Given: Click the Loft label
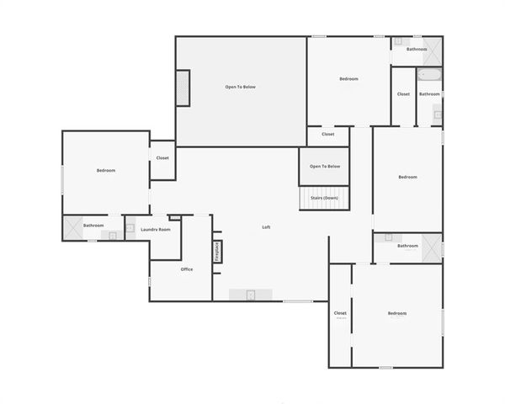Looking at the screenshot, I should [266, 227].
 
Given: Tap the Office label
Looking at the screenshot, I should [187, 269].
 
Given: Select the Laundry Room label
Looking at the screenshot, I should [156, 229].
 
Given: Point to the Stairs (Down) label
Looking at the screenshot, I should [325, 197].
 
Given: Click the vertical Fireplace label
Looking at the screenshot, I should [216, 252].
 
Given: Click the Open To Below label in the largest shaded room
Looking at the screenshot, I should [240, 87].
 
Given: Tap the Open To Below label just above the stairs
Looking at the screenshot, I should [325, 166].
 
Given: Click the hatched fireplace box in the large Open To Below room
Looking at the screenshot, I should [183, 88].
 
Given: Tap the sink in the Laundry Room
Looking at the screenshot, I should [130, 227].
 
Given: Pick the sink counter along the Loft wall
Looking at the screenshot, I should [251, 294].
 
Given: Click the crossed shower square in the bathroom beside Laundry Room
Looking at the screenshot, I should [72, 226].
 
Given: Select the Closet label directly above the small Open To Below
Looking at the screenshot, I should [328, 134].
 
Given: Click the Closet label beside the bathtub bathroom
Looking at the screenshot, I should [403, 94].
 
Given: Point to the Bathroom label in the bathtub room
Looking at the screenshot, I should [429, 94].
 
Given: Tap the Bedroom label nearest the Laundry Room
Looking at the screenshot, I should [106, 171].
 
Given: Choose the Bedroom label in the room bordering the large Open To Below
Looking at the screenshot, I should [348, 79].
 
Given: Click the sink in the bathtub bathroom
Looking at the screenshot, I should [438, 113].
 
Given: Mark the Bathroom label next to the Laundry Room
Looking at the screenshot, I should [94, 226].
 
